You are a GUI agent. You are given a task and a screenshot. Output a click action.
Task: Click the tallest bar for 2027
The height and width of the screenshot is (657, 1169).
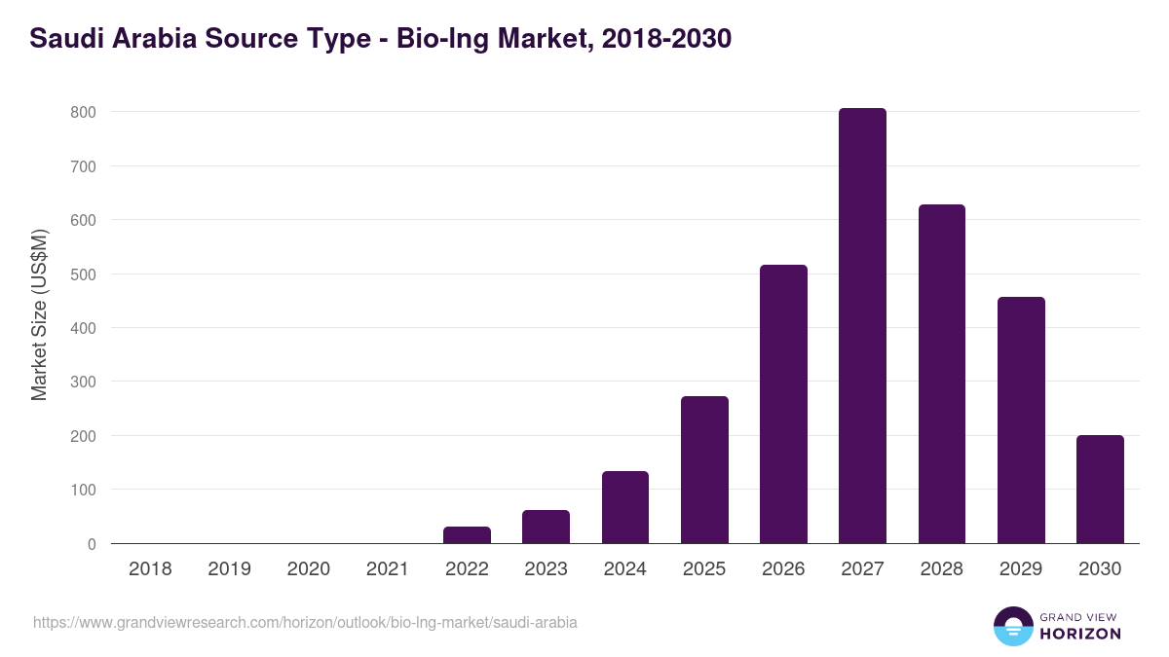tap(862, 326)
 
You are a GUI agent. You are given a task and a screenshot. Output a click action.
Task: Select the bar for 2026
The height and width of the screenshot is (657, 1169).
tap(783, 404)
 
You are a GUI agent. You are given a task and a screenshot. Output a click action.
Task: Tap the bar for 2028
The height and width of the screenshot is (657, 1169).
tap(941, 374)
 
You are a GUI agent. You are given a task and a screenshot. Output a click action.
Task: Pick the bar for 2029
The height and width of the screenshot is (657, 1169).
tap(1021, 420)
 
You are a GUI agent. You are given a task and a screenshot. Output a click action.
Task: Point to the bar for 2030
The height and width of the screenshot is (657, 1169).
tap(1100, 490)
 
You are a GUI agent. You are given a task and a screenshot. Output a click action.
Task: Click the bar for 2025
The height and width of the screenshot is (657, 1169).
tap(704, 470)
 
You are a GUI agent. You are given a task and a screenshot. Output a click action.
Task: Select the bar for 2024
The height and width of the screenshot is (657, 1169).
tap(625, 507)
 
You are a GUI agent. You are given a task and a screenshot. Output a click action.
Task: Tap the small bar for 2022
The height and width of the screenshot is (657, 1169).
tap(467, 535)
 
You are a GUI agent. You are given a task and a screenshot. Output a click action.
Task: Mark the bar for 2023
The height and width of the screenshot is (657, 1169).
tap(546, 527)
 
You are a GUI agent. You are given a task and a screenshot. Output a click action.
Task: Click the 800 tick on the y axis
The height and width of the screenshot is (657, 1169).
tap(83, 112)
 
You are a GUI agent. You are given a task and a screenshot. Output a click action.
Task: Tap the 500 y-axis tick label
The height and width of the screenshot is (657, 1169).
tap(83, 274)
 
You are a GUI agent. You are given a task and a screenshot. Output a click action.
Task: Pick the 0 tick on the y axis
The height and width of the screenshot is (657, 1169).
tap(91, 544)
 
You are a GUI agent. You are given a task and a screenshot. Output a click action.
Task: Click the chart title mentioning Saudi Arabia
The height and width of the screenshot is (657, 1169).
tap(380, 39)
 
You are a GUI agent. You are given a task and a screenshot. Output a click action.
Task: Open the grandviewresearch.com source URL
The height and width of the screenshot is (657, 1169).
tap(305, 622)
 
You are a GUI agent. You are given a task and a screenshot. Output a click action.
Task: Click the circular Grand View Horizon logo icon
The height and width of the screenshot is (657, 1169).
tap(1012, 626)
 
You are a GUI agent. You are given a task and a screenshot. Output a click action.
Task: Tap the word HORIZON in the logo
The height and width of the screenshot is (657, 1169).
tap(1080, 634)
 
